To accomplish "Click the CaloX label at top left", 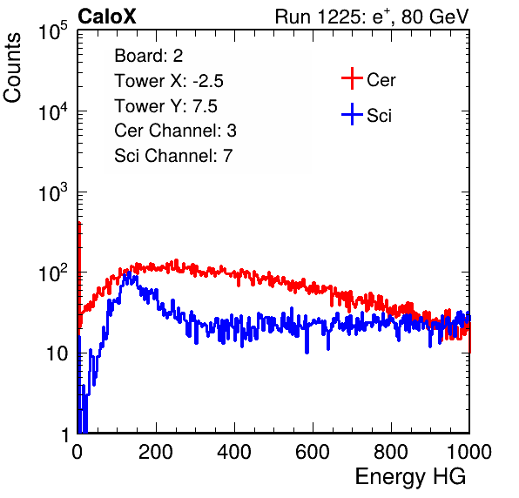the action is click(x=107, y=17).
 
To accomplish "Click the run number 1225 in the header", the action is click(x=339, y=17).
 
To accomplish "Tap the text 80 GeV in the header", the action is click(x=435, y=17).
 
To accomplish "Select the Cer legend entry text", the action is click(x=381, y=80).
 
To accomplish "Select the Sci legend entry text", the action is click(x=380, y=116).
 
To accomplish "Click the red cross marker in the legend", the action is click(x=352, y=78).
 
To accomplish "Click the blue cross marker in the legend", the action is click(x=352, y=114).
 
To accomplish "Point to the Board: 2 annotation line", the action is click(x=149, y=56).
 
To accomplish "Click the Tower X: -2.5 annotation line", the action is click(x=169, y=81).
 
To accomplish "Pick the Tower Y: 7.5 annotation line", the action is click(x=165, y=106).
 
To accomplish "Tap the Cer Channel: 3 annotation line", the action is click(x=175, y=131).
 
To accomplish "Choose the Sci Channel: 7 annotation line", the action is click(x=173, y=156).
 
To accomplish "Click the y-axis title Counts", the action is click(x=12, y=68).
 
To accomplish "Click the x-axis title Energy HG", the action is click(x=410, y=477).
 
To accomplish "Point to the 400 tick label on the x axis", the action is click(x=234, y=452).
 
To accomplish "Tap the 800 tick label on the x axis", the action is click(x=391, y=452).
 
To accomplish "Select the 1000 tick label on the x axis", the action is click(x=469, y=452).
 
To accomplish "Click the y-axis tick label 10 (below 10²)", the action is click(x=57, y=353).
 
